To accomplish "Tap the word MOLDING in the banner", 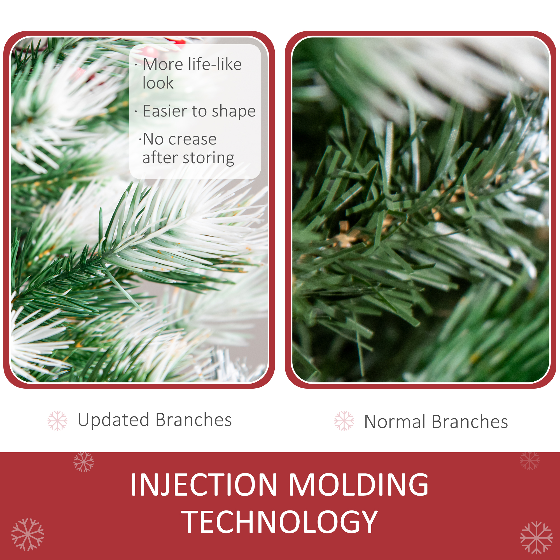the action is click(x=359, y=484).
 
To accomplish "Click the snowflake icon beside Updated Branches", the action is click(x=57, y=421).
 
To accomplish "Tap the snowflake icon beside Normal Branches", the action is click(x=344, y=421).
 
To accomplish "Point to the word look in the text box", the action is click(x=158, y=83).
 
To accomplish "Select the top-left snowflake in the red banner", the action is click(x=84, y=462).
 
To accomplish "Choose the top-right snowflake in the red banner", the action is click(x=529, y=461).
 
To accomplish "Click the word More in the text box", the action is click(x=164, y=64).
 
